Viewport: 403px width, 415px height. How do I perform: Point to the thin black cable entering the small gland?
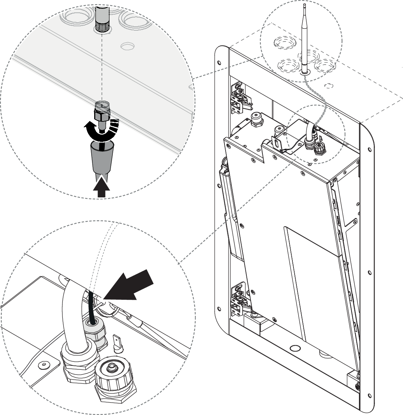(92, 307)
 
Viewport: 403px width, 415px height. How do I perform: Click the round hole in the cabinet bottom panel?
(293, 348)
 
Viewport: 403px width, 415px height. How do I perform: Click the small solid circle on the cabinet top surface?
(329, 86)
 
